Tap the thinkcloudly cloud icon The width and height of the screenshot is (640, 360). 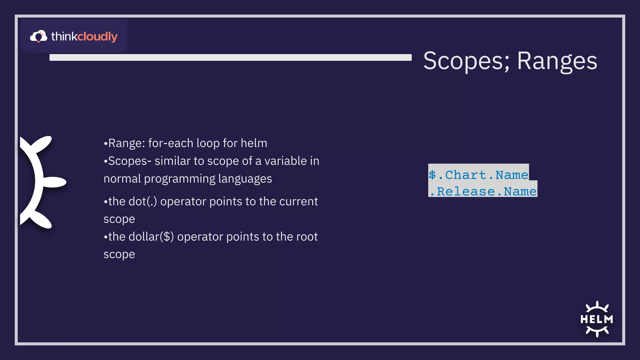38,36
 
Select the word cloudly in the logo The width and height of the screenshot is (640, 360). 97,37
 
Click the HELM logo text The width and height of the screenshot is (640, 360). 597,319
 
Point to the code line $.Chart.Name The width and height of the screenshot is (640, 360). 478,175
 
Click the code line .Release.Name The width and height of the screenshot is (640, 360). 483,191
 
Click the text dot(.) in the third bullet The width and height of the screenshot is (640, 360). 143,202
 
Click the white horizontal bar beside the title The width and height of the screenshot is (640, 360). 230,57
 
